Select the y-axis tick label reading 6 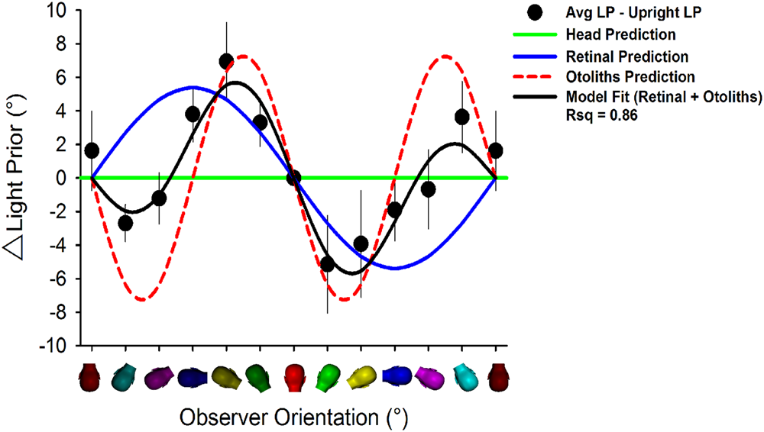tap(66, 78)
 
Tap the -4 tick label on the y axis tap(63, 245)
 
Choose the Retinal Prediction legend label tap(627, 56)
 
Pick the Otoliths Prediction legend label tap(630, 77)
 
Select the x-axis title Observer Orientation tap(293, 417)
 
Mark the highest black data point tap(226, 61)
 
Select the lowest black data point tap(328, 264)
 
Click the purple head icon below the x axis tap(159, 377)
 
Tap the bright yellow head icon tap(361, 377)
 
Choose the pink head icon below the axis tap(429, 377)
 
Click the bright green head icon tap(328, 377)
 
